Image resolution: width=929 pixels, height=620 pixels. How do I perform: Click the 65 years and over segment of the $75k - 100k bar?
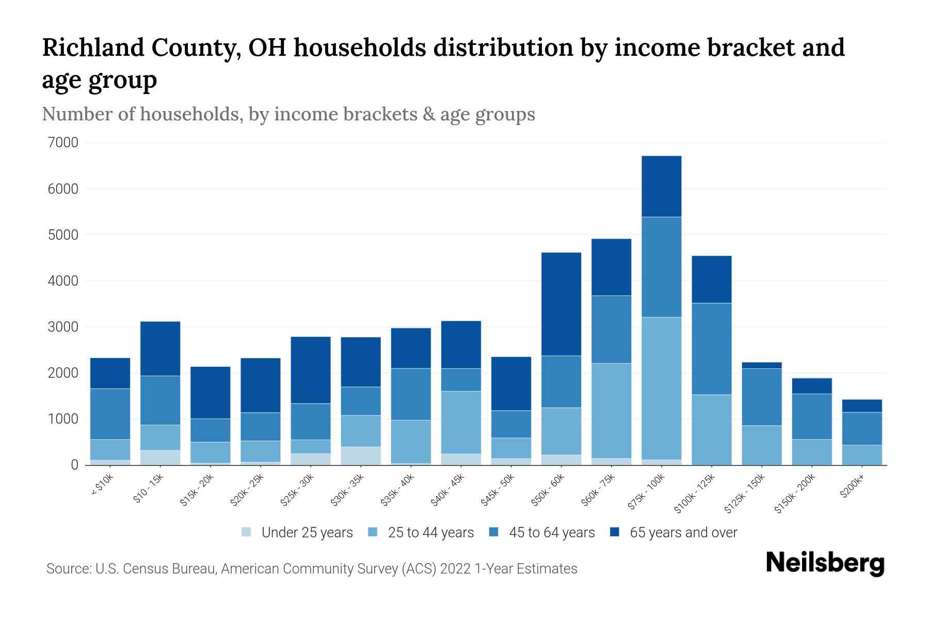[661, 186]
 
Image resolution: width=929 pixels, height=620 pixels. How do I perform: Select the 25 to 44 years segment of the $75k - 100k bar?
[661, 388]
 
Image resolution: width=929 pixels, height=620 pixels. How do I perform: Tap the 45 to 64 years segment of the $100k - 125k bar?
[711, 349]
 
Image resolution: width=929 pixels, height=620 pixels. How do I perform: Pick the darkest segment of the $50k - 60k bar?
[561, 304]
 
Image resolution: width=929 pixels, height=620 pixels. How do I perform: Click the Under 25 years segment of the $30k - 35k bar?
[361, 455]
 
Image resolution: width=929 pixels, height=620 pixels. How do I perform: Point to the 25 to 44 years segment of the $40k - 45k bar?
[461, 422]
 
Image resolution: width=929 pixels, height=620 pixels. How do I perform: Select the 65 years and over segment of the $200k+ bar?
[861, 406]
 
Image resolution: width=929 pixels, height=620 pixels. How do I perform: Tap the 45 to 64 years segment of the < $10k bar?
[110, 414]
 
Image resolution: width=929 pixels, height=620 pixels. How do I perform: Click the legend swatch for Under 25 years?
[247, 532]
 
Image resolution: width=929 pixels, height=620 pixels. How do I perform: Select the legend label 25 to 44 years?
[430, 533]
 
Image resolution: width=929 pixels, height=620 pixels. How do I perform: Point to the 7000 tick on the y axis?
[63, 143]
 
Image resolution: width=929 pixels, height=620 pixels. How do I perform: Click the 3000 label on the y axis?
[63, 327]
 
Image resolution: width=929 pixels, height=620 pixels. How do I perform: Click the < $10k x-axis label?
[102, 486]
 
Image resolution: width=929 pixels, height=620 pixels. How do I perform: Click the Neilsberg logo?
[825, 563]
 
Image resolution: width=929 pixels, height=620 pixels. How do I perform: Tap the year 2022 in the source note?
[456, 569]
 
